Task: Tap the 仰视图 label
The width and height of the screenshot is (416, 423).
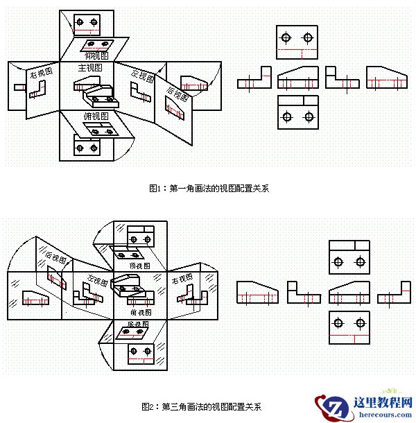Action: point(96,54)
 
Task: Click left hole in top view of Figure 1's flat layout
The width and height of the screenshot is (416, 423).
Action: point(286,40)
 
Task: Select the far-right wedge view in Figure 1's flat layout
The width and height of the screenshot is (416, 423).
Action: point(384,78)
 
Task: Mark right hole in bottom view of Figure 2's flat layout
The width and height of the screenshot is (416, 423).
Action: point(360,323)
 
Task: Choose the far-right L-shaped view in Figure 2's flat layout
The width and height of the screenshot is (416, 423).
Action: point(394,293)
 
